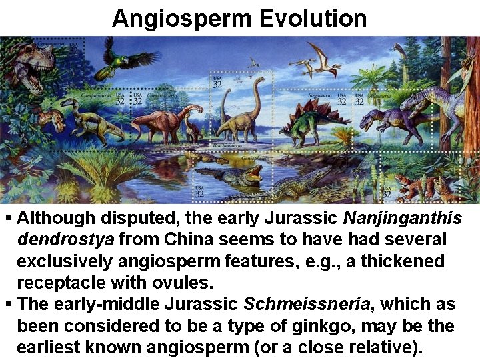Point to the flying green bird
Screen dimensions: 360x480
click(126, 58)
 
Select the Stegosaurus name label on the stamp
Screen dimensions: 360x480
click(320, 96)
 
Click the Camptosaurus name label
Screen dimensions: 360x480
click(96, 94)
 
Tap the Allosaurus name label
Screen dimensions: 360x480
click(381, 96)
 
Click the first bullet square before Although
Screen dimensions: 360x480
click(8, 218)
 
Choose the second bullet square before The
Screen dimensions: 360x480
click(8, 305)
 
